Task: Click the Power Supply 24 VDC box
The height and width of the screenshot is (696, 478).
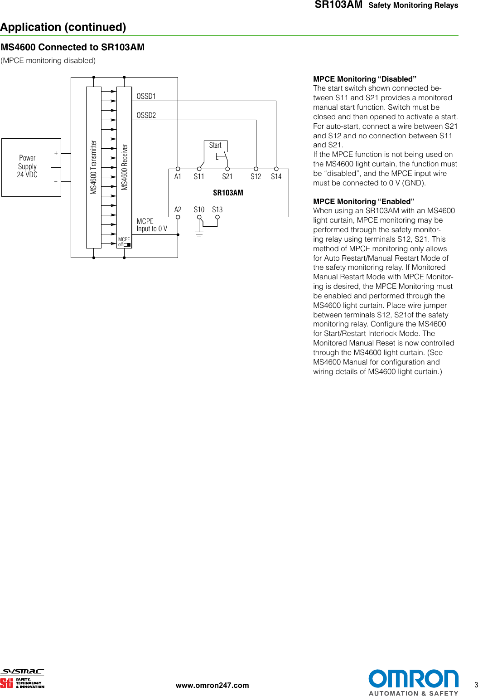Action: (x=27, y=167)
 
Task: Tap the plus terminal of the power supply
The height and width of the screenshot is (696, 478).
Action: (x=56, y=153)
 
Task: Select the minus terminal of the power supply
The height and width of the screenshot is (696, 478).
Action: (x=56, y=181)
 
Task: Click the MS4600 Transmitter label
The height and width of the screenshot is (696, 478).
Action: (x=94, y=167)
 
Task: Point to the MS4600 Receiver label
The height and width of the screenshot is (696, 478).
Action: (x=125, y=167)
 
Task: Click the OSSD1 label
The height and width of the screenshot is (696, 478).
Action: (x=146, y=96)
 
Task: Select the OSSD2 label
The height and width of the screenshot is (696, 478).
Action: (x=146, y=115)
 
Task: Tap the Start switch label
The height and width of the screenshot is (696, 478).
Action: (x=215, y=145)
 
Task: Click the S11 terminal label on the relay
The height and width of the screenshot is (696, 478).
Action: (x=199, y=177)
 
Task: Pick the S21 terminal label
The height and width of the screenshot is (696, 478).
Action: (x=227, y=177)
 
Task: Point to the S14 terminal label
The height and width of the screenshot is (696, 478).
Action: (x=276, y=177)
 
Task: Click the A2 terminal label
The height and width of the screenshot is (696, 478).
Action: (x=178, y=209)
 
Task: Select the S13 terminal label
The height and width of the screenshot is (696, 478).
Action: (x=217, y=209)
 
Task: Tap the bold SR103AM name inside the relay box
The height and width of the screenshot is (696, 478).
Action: (x=228, y=193)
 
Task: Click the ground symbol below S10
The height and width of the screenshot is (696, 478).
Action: (x=199, y=234)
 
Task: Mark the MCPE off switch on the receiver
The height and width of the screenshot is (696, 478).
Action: (x=127, y=245)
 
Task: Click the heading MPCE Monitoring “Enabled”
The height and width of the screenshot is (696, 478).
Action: (x=363, y=201)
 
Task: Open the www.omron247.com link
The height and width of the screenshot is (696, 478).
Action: (x=212, y=685)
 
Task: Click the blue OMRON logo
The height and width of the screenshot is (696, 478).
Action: (x=413, y=679)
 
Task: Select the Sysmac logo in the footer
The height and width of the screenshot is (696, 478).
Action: (x=22, y=672)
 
